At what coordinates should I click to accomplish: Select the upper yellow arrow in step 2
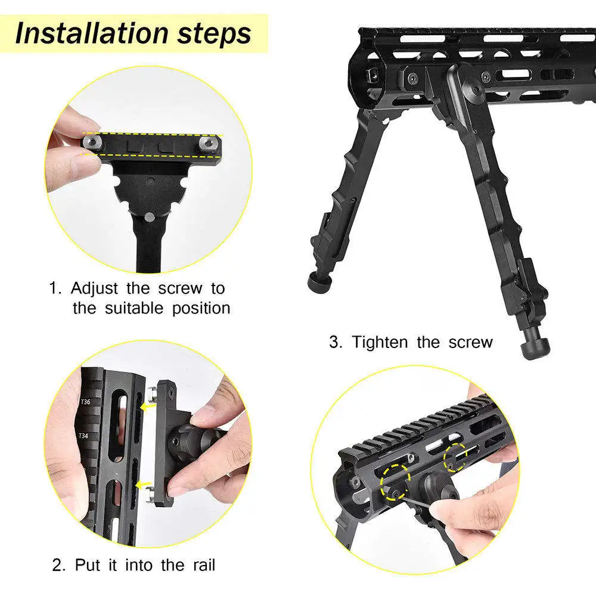145,407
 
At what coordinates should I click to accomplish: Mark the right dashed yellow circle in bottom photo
457,458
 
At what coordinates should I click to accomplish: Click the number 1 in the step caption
54,289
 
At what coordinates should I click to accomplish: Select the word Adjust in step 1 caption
95,289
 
